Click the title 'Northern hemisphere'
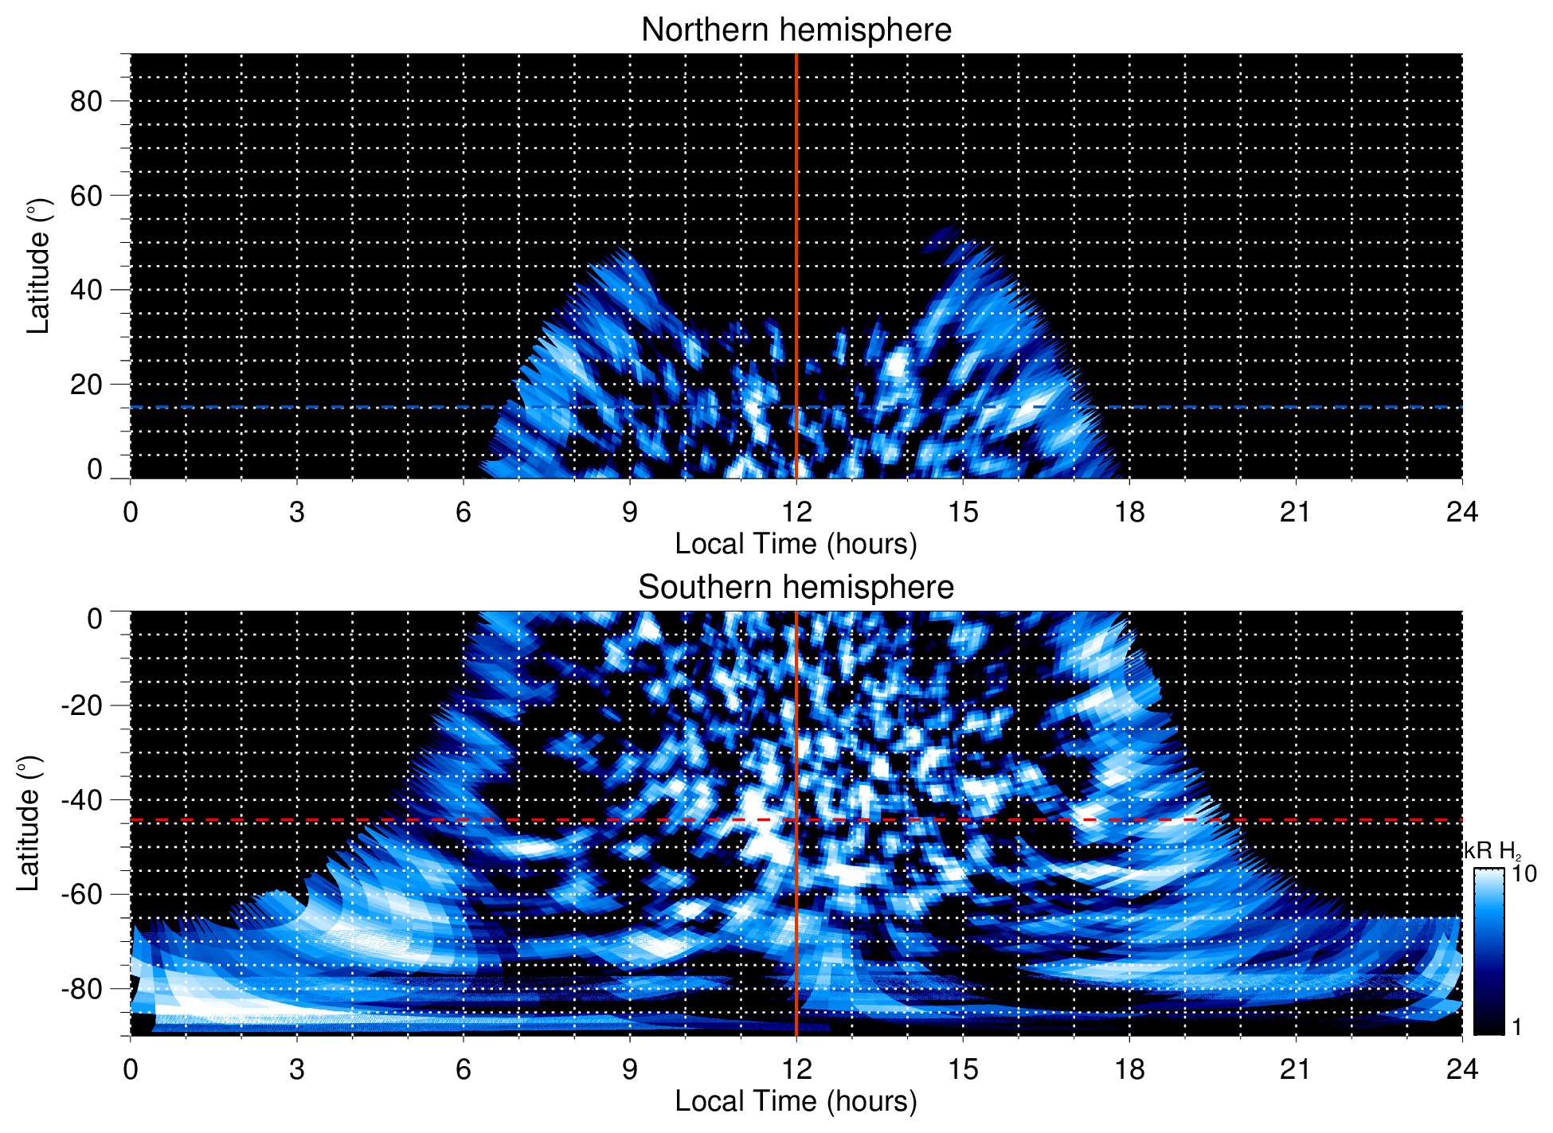click(796, 30)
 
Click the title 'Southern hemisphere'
click(796, 588)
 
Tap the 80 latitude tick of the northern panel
click(86, 101)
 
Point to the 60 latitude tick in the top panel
click(86, 196)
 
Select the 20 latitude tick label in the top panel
click(86, 385)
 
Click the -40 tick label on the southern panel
click(81, 800)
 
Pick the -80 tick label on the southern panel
click(81, 989)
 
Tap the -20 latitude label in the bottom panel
click(81, 705)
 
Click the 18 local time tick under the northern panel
click(1129, 512)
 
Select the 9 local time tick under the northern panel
click(630, 512)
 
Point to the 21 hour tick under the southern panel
click(1296, 1069)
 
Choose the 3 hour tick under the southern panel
click(297, 1069)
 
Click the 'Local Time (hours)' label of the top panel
click(796, 544)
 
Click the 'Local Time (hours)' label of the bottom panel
click(796, 1101)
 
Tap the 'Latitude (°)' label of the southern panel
click(29, 823)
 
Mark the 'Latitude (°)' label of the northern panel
click(38, 266)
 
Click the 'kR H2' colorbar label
click(1492, 851)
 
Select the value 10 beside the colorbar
click(1524, 873)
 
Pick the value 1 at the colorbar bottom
click(1516, 1027)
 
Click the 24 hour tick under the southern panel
click(1462, 1069)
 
